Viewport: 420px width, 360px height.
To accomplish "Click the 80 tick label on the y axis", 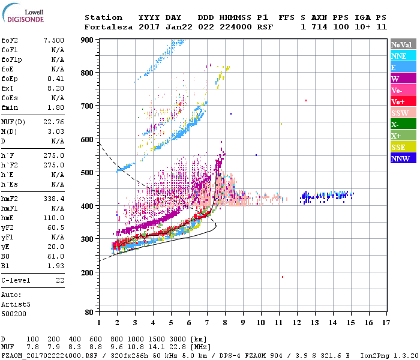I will pos(89,312).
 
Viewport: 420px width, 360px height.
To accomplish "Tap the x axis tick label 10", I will pos(260,323).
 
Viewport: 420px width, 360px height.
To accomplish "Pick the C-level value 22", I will pos(59,280).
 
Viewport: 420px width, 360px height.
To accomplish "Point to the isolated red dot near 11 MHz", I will pos(283,277).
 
